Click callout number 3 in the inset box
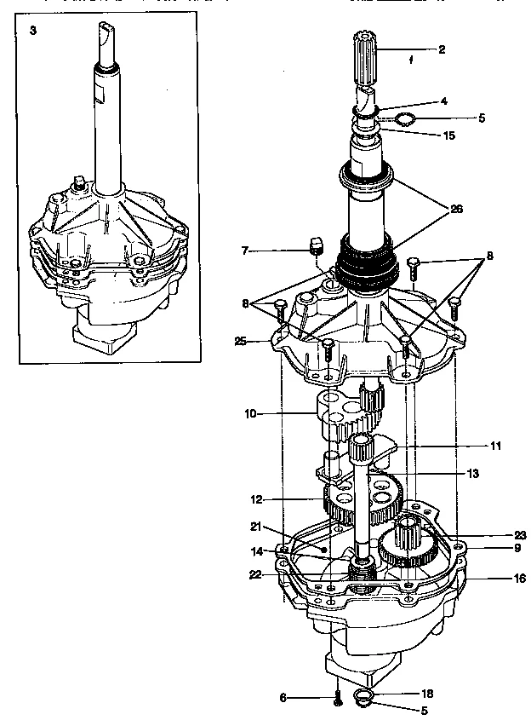point(32,31)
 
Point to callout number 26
point(457,210)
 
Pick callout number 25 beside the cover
point(241,342)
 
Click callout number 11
point(495,445)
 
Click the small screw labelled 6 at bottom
point(338,696)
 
